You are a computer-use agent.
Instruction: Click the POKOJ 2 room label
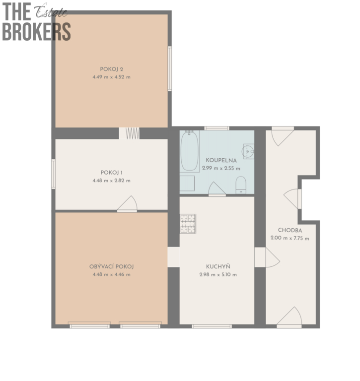[111, 69]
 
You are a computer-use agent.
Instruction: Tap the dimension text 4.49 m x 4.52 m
[111, 77]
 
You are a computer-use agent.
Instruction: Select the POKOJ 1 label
[111, 173]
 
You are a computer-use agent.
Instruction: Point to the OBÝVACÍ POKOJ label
[111, 266]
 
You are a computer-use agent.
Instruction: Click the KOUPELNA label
[221, 160]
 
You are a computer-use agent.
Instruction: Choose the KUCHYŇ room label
[218, 266]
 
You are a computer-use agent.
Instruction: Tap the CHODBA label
[290, 230]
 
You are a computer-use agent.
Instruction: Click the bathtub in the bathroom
[190, 151]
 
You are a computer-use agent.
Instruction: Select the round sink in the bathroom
[248, 151]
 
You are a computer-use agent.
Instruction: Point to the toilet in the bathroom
[241, 185]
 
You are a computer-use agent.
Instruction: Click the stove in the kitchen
[188, 224]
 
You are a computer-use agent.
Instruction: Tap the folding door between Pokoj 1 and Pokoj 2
[133, 133]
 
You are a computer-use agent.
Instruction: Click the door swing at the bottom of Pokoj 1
[128, 203]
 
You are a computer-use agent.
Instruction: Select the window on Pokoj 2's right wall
[170, 68]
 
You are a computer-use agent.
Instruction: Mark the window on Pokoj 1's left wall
[53, 174]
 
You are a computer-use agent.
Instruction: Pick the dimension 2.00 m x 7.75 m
[290, 238]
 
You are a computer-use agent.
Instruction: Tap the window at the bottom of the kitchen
[212, 326]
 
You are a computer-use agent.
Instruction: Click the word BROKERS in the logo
[36, 32]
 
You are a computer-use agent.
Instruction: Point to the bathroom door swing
[217, 189]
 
